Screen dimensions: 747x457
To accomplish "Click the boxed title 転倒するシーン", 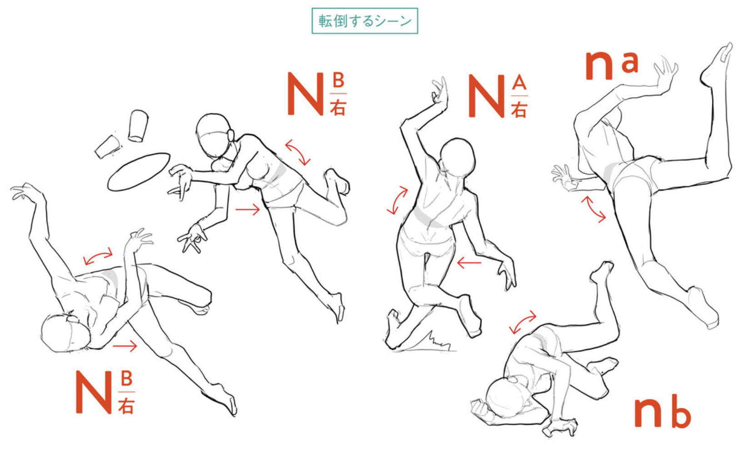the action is [x=365, y=21].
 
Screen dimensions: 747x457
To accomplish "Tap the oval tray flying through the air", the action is [x=139, y=172].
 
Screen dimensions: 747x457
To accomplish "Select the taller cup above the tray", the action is [x=138, y=126].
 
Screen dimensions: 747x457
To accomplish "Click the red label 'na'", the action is [x=612, y=65].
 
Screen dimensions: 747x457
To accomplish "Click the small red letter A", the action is [x=519, y=82].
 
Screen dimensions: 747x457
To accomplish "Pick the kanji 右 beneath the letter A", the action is [x=519, y=109].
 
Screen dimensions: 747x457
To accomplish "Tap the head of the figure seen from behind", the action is [x=457, y=158].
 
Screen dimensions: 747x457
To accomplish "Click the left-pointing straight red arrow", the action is [x=469, y=263].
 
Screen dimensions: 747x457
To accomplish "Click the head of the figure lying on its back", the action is [x=65, y=333].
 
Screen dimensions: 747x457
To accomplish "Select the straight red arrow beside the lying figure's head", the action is [x=125, y=346].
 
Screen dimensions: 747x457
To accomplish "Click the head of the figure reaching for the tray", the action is [x=213, y=136].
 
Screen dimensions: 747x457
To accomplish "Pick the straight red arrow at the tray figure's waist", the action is [x=247, y=210].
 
